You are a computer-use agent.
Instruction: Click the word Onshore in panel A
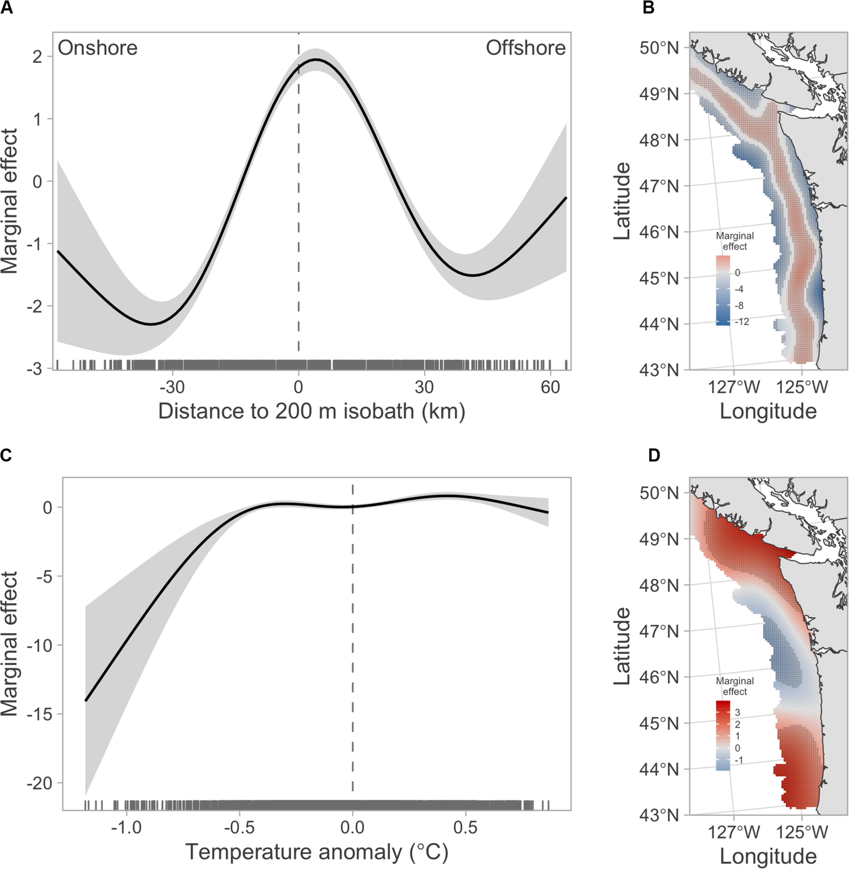click(97, 48)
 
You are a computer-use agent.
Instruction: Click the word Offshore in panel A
click(525, 48)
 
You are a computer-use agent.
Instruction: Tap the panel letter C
click(6, 455)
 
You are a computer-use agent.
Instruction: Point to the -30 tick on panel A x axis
click(172, 387)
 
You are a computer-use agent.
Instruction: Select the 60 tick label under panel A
click(550, 387)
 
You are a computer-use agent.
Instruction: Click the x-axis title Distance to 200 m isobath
click(311, 411)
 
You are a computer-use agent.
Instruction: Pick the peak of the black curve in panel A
click(315, 59)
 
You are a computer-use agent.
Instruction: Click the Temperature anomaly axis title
click(316, 852)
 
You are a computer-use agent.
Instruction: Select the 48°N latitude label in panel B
click(659, 140)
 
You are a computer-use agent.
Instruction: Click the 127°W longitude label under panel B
click(734, 387)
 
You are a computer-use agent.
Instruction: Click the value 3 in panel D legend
click(737, 713)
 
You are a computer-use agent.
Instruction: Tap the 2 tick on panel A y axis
click(38, 57)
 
